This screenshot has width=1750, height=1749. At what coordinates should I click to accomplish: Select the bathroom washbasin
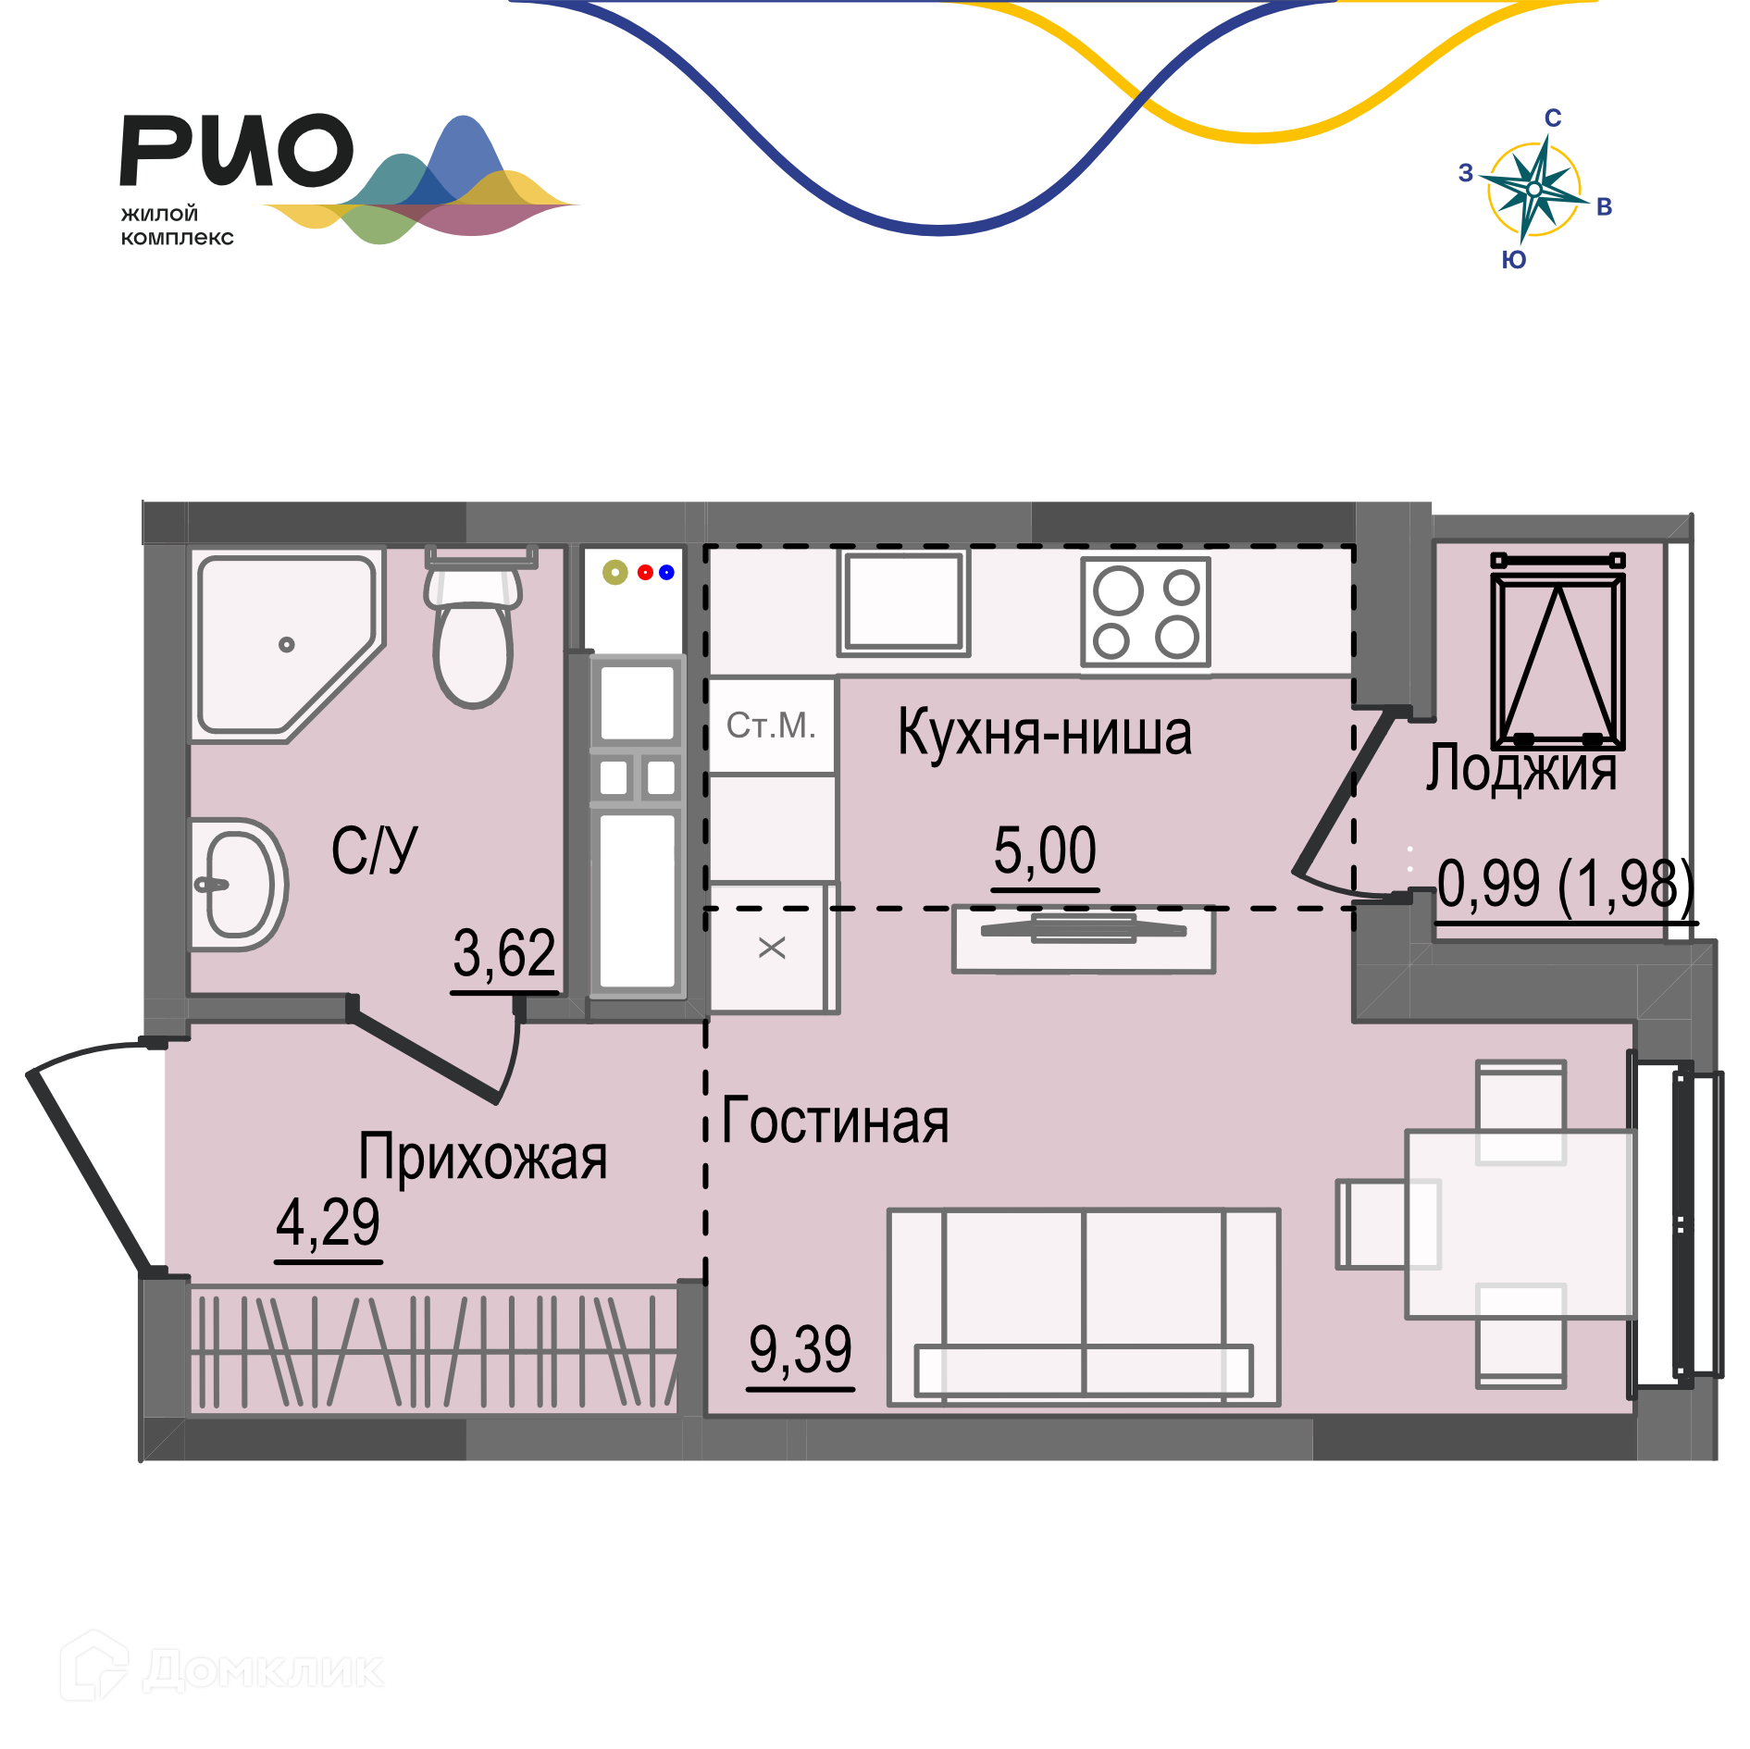pos(239,884)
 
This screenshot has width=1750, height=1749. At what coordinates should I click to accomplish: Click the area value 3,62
pos(504,953)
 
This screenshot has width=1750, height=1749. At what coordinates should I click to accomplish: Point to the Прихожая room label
pos(482,1157)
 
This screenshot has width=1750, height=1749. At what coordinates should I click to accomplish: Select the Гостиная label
pos(835,1121)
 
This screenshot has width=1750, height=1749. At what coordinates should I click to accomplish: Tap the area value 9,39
pos(801,1349)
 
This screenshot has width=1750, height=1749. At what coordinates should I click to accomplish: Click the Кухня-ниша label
pos(1045,733)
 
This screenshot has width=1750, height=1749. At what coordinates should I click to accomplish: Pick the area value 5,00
pos(1045,850)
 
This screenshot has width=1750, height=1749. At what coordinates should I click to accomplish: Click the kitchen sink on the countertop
pos(903,602)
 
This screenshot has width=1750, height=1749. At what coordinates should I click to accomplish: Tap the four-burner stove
pos(1146,612)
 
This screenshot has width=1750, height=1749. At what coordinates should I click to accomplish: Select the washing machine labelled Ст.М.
pos(771,726)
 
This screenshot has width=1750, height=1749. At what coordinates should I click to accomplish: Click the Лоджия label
pos(1521,768)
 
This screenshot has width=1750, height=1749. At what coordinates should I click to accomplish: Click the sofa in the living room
pos(1083,1307)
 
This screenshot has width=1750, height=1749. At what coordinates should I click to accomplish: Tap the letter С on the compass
pos(1553,118)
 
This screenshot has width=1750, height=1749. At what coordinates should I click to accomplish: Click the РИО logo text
pos(237,150)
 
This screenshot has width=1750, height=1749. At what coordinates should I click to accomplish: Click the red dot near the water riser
pos(645,572)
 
